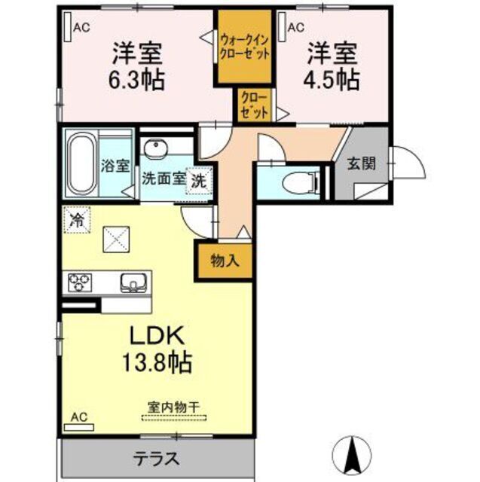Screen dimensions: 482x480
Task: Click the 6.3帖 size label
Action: tap(139, 78)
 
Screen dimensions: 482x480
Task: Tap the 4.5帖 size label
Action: tap(332, 78)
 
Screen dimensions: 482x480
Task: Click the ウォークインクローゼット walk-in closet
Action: tap(245, 47)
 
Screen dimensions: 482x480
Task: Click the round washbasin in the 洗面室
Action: tap(156, 148)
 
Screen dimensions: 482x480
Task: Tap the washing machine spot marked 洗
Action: tap(198, 181)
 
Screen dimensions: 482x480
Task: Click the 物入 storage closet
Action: tap(225, 261)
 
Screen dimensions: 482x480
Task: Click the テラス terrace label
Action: tap(156, 458)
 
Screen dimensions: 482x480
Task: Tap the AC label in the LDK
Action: tap(78, 416)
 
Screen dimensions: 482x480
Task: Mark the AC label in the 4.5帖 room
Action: tap(295, 27)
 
